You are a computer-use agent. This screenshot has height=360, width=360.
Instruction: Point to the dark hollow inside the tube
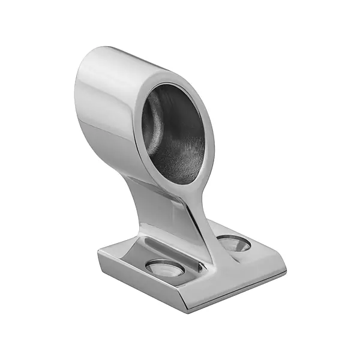(x=174, y=129)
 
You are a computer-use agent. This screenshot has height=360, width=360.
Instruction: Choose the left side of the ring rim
(x=136, y=132)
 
